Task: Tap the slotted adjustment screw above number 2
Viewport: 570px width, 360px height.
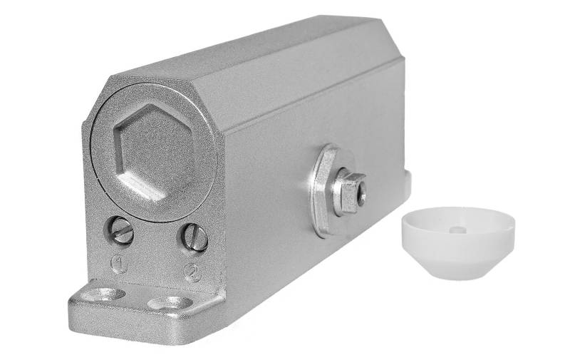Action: (x=195, y=237)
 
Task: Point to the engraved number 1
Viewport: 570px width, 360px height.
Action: (x=120, y=264)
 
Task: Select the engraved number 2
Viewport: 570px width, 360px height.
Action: (x=192, y=273)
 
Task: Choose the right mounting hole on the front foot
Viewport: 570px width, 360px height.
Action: (x=171, y=302)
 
